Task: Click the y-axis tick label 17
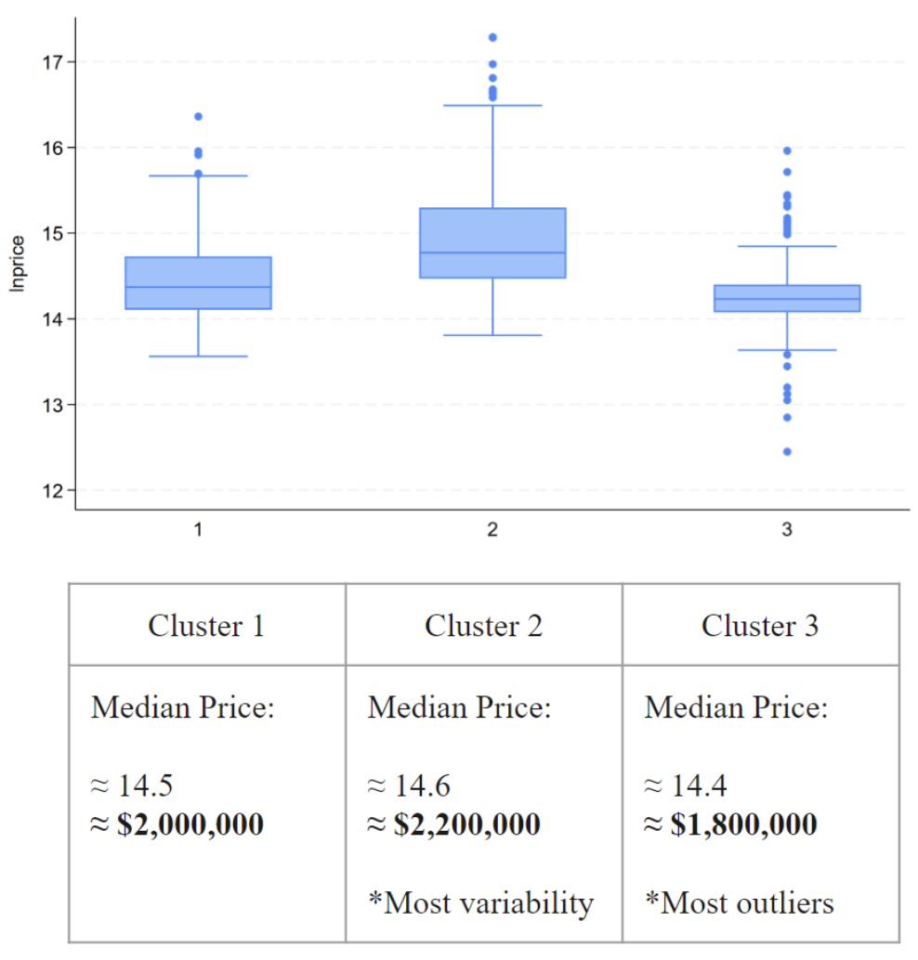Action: coord(52,62)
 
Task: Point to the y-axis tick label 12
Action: coord(52,490)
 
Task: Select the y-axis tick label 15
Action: coord(52,233)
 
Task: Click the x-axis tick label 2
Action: coord(492,530)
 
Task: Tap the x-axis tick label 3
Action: coord(787,530)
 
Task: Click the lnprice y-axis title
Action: coord(16,266)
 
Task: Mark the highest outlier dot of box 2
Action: coord(492,37)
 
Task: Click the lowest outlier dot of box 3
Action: coord(787,451)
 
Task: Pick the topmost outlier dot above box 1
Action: coord(198,116)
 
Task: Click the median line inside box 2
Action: coord(492,253)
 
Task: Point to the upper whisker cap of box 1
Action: coord(198,175)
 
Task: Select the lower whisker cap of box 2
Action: coord(492,335)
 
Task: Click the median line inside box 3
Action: coord(787,299)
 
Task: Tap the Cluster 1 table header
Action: coord(206,626)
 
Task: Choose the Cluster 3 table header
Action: coord(760,626)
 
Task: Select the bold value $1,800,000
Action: coord(730,824)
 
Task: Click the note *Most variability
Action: coord(479,902)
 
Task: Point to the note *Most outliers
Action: coord(739,902)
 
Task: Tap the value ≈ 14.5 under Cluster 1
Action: coord(132,786)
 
